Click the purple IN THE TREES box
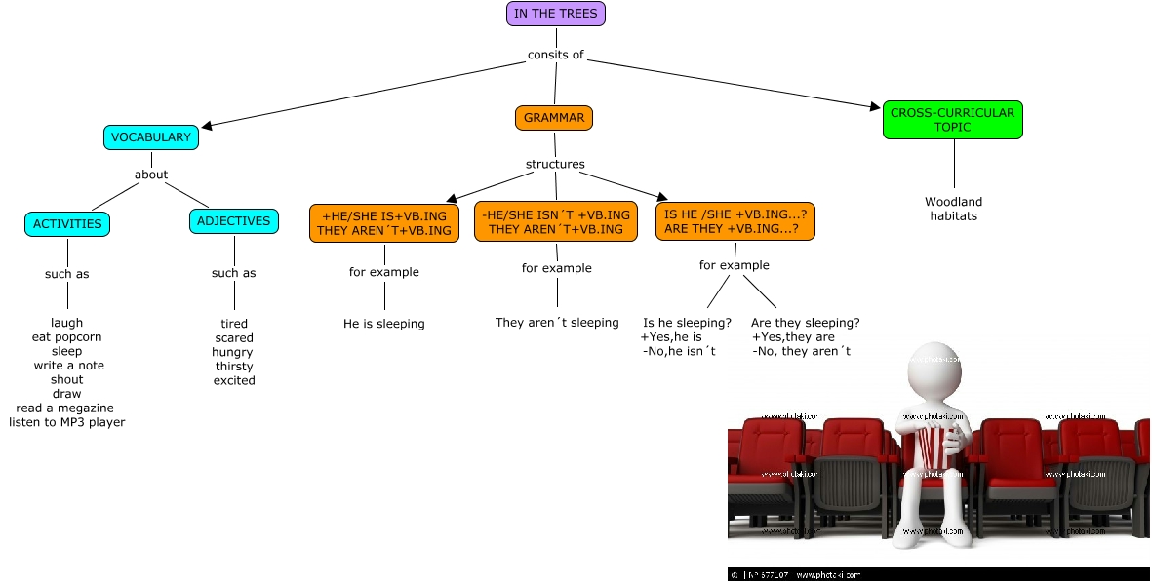pyautogui.click(x=556, y=14)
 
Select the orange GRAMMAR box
pyautogui.click(x=554, y=118)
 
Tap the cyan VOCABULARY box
pyautogui.click(x=151, y=137)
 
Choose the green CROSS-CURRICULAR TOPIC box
pyautogui.click(x=952, y=120)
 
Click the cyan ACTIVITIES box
pyautogui.click(x=67, y=224)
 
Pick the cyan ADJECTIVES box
pyautogui.click(x=234, y=221)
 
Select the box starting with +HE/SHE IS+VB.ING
pyautogui.click(x=384, y=222)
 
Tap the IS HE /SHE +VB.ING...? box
pyautogui.click(x=735, y=221)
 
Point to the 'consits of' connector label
pyautogui.click(x=555, y=55)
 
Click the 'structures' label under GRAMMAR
pyautogui.click(x=555, y=164)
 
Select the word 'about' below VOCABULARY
pyautogui.click(x=151, y=175)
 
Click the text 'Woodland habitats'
pyautogui.click(x=953, y=209)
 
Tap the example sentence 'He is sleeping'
pyautogui.click(x=384, y=324)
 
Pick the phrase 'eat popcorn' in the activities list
pyautogui.click(x=66, y=337)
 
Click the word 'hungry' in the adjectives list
pyautogui.click(x=232, y=352)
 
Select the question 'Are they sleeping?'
pyautogui.click(x=806, y=323)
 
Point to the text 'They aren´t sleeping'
pyautogui.click(x=557, y=323)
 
